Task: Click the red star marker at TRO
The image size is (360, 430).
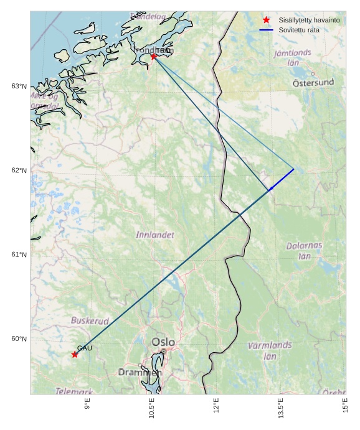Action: pos(153,57)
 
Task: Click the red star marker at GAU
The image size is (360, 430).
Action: pos(75,354)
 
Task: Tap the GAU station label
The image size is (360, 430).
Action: pos(85,348)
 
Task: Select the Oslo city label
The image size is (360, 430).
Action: pos(163,342)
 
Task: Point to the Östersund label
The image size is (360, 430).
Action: pos(313,82)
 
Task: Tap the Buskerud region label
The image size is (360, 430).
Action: pos(90,320)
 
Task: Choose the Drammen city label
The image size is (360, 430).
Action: pos(140,372)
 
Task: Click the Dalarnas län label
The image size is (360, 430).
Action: pos(304,250)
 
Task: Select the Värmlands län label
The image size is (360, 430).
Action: pos(270,351)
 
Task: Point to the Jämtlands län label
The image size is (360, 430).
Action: pos(293,57)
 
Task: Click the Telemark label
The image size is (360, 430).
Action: pos(74,391)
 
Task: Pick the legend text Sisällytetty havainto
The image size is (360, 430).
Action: pos(309,20)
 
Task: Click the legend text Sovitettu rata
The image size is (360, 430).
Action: pos(299,30)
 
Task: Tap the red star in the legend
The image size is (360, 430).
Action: pos(267,20)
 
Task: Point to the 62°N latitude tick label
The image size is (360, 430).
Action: pos(19,171)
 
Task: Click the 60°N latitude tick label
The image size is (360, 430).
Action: pos(19,339)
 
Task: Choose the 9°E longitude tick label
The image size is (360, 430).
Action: pos(88,405)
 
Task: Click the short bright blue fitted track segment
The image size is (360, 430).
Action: pos(282,179)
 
